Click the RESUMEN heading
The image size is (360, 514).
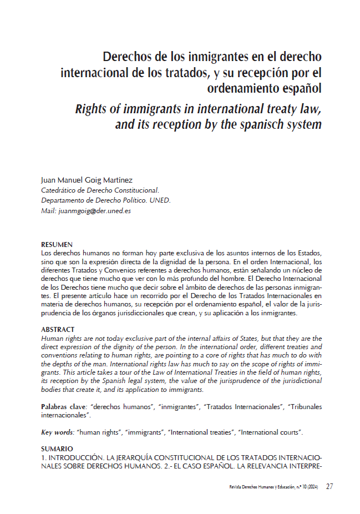coord(57,244)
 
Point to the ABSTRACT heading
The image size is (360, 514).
coord(58,330)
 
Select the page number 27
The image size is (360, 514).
coord(329,487)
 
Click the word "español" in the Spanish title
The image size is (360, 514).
coord(298,88)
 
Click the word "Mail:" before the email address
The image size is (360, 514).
coord(49,210)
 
